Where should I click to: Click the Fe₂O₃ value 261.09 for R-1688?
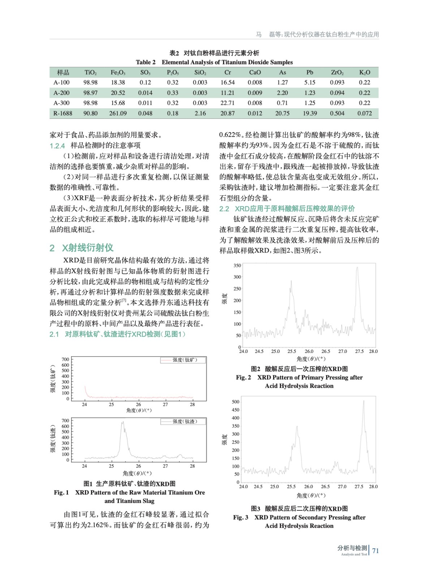pos(118,113)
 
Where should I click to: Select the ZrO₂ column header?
pos(337,73)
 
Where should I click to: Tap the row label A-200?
pos(61,93)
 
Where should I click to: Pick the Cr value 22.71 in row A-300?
pos(227,103)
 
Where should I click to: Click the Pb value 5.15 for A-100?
pos(310,83)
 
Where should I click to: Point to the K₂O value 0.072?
pos(365,113)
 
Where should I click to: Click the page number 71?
pos(376,551)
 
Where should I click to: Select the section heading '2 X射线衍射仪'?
pos(82,248)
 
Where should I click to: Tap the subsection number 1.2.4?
pos(57,146)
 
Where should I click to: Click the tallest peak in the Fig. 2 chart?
pos(357,268)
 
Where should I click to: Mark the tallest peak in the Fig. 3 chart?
pos(364,401)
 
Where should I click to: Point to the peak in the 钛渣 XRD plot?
pos(123,422)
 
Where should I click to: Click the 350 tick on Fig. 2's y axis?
pos(237,266)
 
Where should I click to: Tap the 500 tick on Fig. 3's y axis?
pos(236,402)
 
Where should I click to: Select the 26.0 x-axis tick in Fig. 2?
pos(309,351)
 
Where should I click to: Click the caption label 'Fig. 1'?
pos(61,492)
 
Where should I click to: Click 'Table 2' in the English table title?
pos(146,62)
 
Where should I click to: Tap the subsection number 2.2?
pos(224,209)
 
